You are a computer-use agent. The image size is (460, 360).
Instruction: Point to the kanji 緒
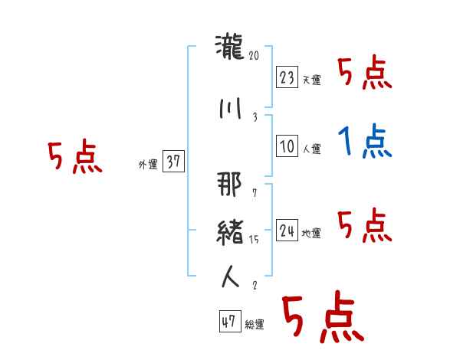[229, 231]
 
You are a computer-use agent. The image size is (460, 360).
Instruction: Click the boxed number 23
[287, 77]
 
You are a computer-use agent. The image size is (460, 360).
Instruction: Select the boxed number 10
[287, 147]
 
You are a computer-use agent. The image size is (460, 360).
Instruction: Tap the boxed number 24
[287, 231]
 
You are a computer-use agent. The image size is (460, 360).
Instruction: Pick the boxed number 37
[174, 162]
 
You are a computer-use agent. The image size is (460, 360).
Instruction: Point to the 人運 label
[311, 150]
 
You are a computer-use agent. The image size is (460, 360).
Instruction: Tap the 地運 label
[311, 234]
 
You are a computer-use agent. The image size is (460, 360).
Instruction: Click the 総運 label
[255, 325]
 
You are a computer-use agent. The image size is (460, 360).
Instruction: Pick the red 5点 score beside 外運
[74, 158]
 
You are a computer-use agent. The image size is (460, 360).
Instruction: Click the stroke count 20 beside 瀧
[255, 55]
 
